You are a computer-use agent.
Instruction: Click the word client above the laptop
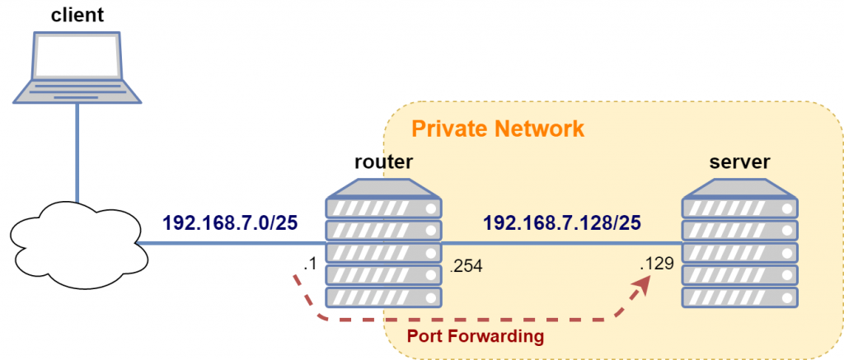[76, 13]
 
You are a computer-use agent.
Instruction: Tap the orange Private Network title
[497, 129]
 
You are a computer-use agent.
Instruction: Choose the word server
[738, 162]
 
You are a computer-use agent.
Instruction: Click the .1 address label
[310, 265]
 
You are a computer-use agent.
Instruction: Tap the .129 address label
[658, 265]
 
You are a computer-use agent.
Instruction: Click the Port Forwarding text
[476, 336]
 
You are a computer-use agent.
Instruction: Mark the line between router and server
[560, 243]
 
